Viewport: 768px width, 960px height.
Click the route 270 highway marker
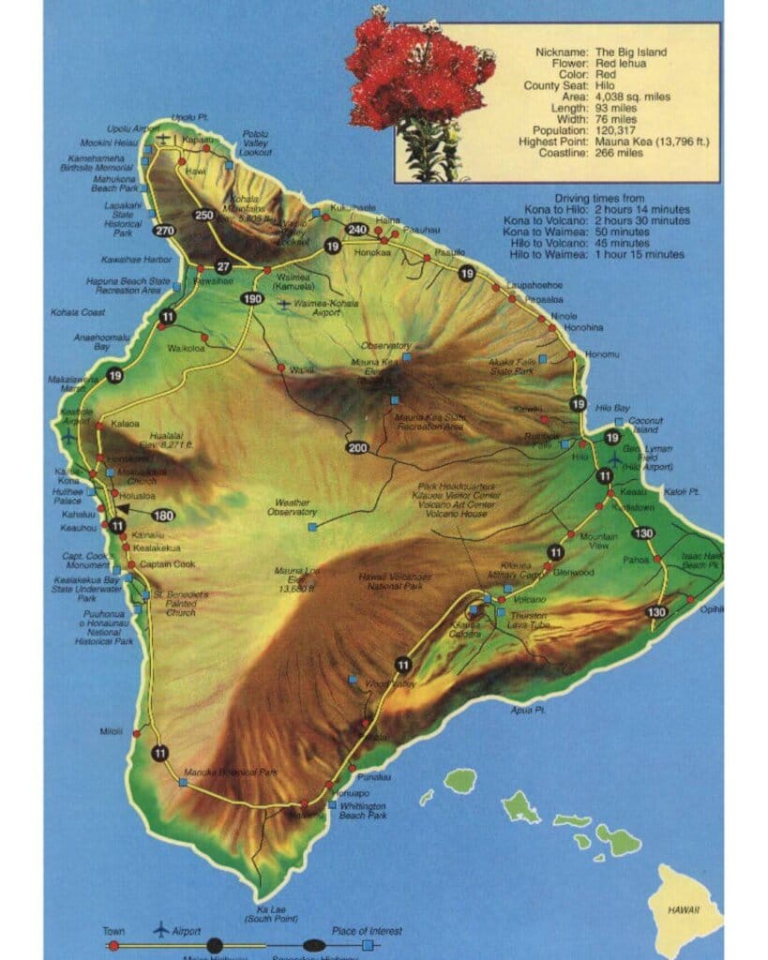tap(166, 231)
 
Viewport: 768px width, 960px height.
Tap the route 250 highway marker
tap(203, 215)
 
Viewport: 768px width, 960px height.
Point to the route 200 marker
tap(356, 447)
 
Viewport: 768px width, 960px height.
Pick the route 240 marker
tap(355, 230)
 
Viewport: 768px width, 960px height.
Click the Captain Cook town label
tap(167, 564)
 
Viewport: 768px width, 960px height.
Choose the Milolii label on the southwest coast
tap(111, 731)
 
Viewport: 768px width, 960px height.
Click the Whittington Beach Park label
tap(364, 811)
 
